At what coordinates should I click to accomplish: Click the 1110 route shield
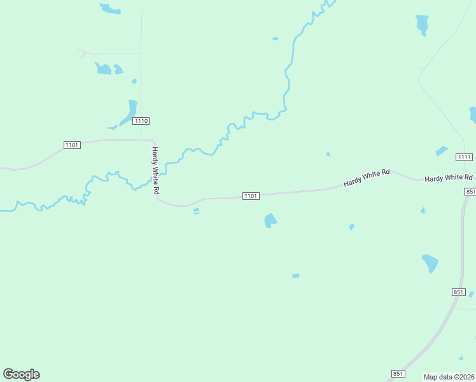click(141, 121)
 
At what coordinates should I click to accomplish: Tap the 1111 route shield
click(464, 157)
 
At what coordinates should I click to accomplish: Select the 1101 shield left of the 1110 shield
click(72, 145)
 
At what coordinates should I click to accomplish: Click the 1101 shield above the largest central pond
click(250, 196)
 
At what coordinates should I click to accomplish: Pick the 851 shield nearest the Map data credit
click(398, 374)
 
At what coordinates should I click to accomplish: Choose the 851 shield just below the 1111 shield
click(470, 192)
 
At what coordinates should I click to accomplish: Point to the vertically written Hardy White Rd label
click(155, 171)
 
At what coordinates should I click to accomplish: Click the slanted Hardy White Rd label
click(366, 178)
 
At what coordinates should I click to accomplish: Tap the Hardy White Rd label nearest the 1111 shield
click(449, 178)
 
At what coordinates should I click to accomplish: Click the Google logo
click(21, 374)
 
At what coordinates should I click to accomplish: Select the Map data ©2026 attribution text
click(449, 377)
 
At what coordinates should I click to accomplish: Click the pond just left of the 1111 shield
click(441, 151)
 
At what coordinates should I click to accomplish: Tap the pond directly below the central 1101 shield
click(270, 220)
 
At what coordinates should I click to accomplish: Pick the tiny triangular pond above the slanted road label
click(328, 153)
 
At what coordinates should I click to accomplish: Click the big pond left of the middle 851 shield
click(430, 262)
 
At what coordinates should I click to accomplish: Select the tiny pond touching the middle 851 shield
click(471, 294)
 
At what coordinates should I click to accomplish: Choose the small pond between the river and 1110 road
click(134, 81)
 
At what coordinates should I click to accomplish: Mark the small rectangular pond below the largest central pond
click(295, 276)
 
